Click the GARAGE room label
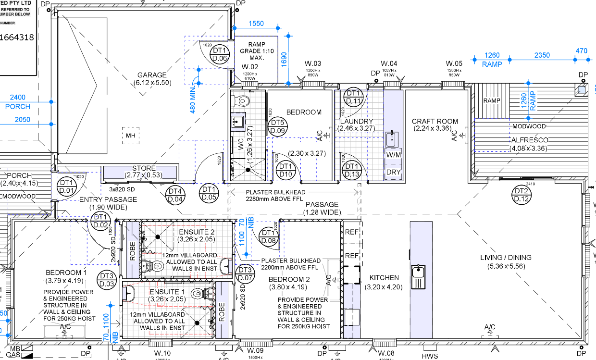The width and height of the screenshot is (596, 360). click(x=152, y=75)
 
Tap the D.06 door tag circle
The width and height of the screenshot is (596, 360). click(x=220, y=54)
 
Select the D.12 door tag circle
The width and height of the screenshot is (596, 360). click(x=521, y=195)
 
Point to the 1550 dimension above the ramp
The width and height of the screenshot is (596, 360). click(x=257, y=24)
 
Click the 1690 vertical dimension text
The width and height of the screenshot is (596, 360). click(x=284, y=59)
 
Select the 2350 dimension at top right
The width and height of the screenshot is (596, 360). click(x=542, y=55)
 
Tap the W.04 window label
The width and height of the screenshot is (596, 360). click(x=389, y=63)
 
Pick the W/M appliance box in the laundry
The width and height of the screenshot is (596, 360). click(x=393, y=155)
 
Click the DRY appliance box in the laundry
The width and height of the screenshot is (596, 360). click(x=393, y=172)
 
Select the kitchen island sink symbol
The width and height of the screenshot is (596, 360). click(x=418, y=276)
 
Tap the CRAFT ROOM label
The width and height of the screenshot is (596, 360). click(x=435, y=121)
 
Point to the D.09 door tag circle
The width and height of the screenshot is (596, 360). click(x=278, y=126)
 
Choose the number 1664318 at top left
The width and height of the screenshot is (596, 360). click(x=18, y=37)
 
